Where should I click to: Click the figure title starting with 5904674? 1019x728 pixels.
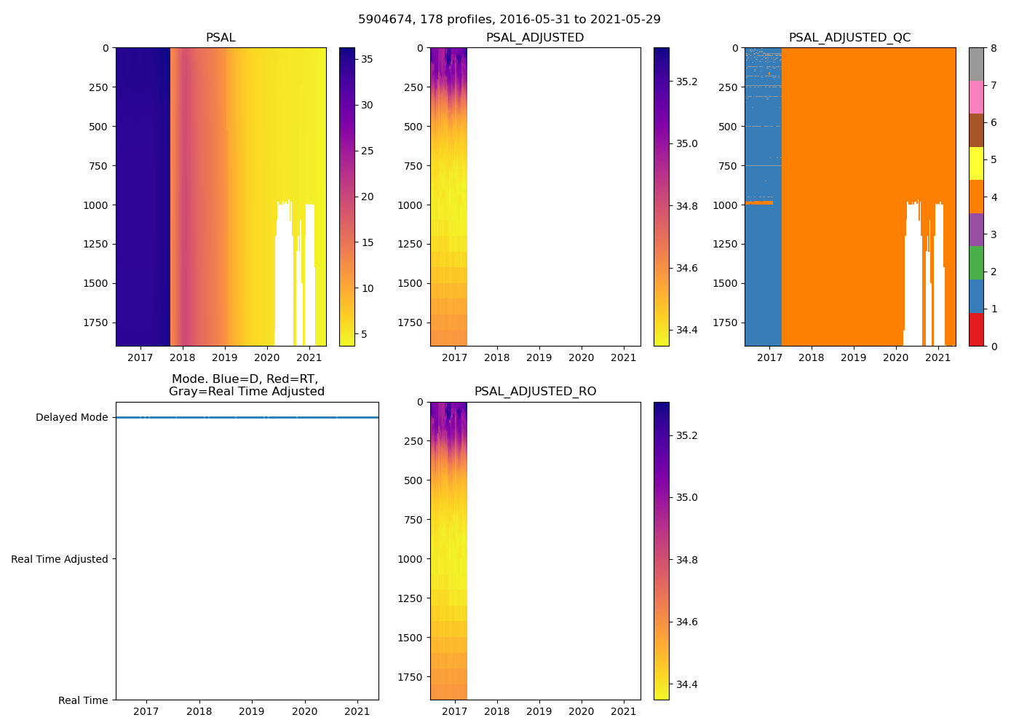click(x=509, y=20)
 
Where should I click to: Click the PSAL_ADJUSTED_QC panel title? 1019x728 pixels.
click(x=849, y=38)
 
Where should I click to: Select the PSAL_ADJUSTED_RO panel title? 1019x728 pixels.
click(x=535, y=392)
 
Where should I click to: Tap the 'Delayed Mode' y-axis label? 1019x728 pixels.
click(x=71, y=418)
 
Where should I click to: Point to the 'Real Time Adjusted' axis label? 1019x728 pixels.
click(x=60, y=559)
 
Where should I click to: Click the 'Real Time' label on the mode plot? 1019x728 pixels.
click(x=83, y=700)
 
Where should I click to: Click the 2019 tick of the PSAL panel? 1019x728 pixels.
click(x=224, y=357)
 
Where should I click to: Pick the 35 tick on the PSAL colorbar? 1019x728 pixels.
click(x=368, y=60)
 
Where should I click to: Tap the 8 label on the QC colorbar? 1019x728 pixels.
click(x=994, y=49)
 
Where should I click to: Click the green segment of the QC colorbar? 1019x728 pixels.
click(x=976, y=262)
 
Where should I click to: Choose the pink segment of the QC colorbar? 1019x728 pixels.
click(x=976, y=97)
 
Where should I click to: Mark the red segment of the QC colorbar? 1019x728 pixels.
click(x=976, y=329)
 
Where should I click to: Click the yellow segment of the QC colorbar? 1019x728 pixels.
click(x=976, y=163)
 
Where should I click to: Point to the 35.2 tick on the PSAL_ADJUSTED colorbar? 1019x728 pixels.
click(x=687, y=82)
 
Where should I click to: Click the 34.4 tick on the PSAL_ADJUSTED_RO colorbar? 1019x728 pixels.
click(x=687, y=684)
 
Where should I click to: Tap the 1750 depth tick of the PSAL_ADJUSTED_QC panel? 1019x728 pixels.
click(x=726, y=323)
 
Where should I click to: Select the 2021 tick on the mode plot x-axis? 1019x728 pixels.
click(x=357, y=711)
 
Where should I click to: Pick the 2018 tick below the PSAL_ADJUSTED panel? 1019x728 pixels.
click(x=497, y=357)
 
